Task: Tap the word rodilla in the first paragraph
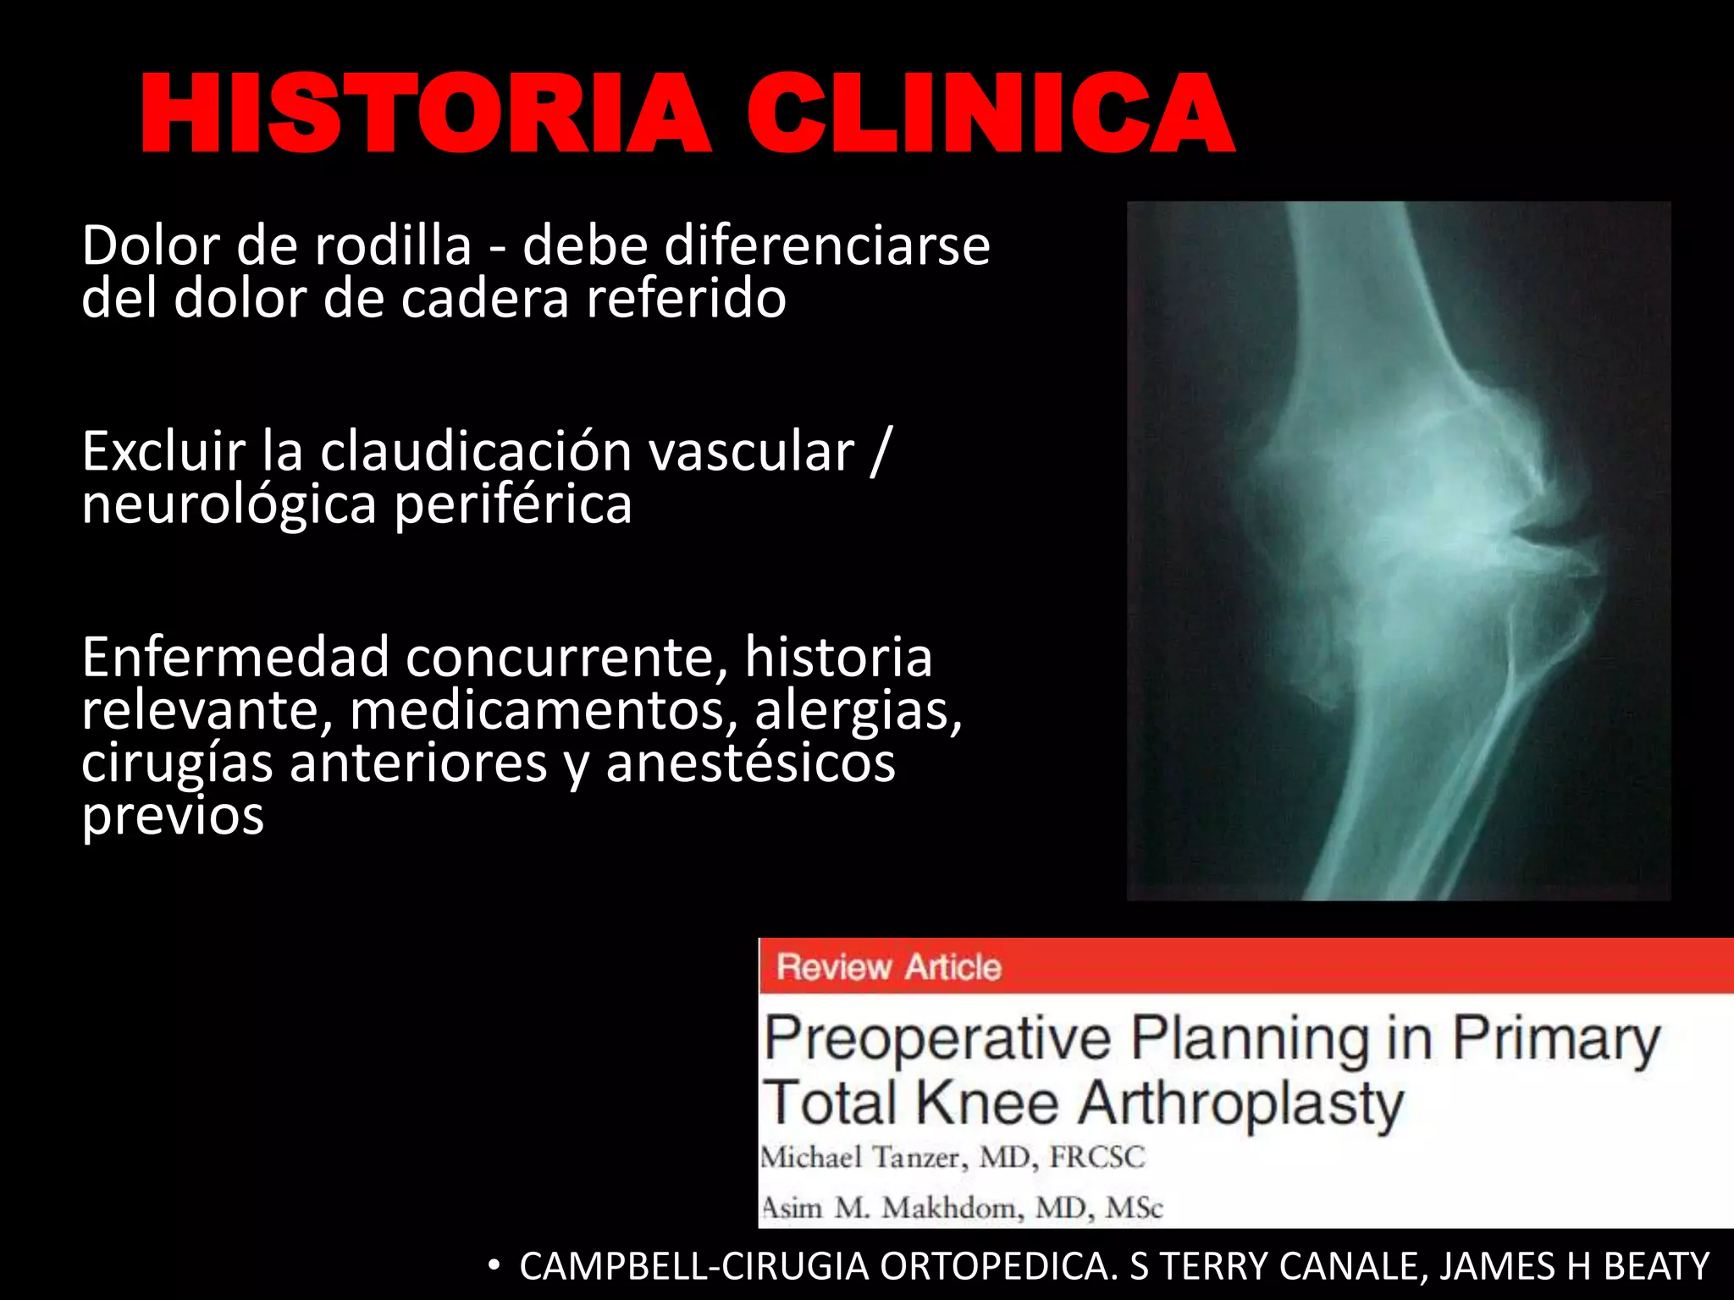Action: pos(393,247)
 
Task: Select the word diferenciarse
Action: pos(826,247)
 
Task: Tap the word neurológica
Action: pos(229,505)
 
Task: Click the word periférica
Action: pos(513,505)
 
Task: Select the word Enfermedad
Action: pos(235,658)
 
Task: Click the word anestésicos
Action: pos(750,763)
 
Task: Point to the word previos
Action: pos(173,817)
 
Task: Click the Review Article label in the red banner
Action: pos(888,967)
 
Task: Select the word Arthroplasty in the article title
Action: pos(1240,1104)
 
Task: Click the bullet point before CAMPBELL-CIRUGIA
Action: pos(494,1266)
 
